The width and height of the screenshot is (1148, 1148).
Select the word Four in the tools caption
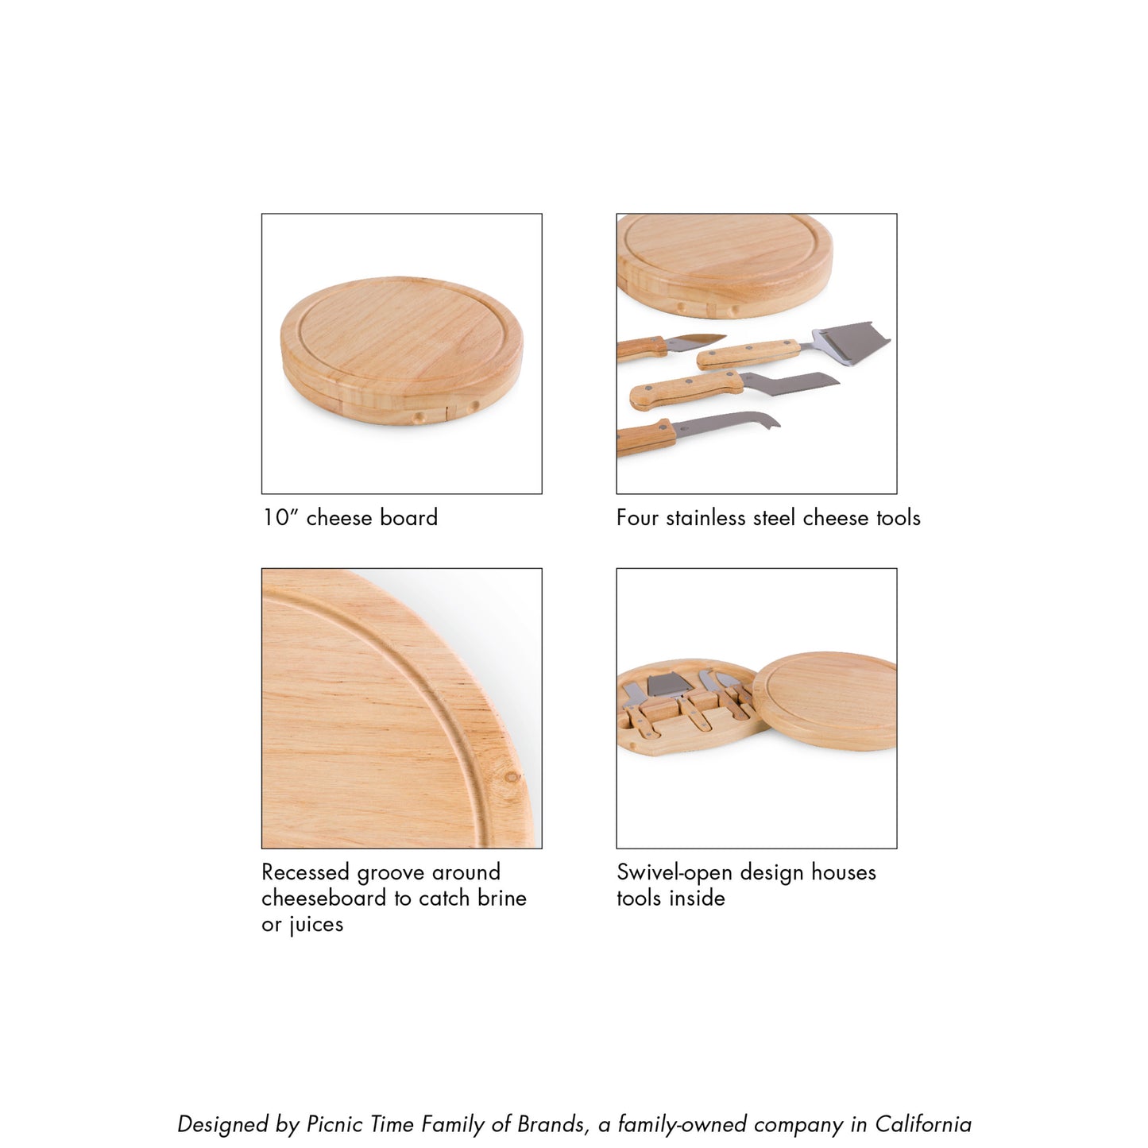pyautogui.click(x=638, y=518)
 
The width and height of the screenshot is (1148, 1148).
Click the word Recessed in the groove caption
pyautogui.click(x=306, y=872)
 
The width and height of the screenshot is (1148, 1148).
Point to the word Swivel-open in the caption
pyautogui.click(x=671, y=872)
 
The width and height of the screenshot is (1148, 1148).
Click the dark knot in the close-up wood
pyautogui.click(x=512, y=777)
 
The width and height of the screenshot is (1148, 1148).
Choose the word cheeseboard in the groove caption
pyautogui.click(x=323, y=899)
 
